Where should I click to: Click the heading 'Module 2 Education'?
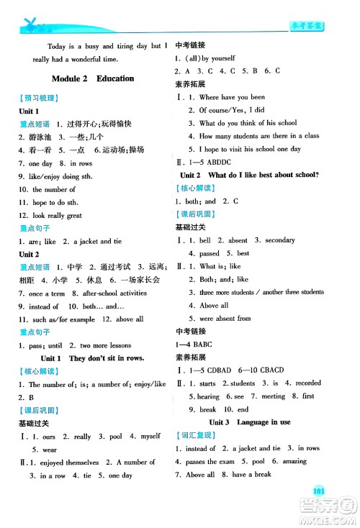click(x=94, y=78)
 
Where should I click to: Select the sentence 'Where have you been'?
click(x=232, y=96)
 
